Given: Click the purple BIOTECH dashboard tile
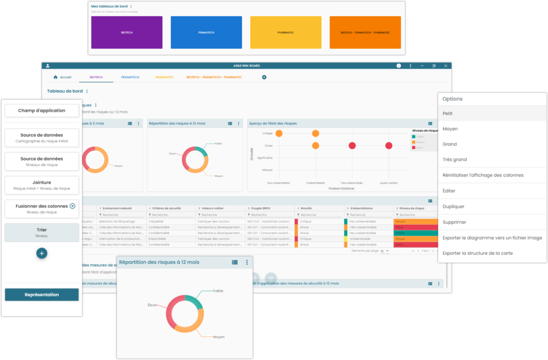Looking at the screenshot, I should pyautogui.click(x=126, y=32).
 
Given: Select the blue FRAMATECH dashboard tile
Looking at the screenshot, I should pyautogui.click(x=206, y=32).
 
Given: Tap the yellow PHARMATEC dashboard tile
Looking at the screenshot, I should pyautogui.click(x=285, y=32).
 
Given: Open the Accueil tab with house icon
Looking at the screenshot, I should pyautogui.click(x=63, y=77).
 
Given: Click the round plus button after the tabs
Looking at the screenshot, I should pyautogui.click(x=264, y=77).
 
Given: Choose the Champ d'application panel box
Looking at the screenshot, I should pyautogui.click(x=42, y=110).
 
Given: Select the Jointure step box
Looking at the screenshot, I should pyautogui.click(x=42, y=185).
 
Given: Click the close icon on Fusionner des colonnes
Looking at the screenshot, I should pyautogui.click(x=73, y=206).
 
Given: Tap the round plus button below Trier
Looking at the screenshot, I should pyautogui.click(x=42, y=253).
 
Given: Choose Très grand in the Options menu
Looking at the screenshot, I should pyautogui.click(x=455, y=159).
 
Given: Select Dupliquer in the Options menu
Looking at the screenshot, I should pyautogui.click(x=453, y=206).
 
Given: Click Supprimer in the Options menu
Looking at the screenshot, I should pyautogui.click(x=454, y=222).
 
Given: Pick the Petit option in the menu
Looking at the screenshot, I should pyautogui.click(x=448, y=113).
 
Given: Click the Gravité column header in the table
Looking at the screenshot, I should pyautogui.click(x=306, y=208).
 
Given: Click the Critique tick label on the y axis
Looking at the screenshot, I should pyautogui.click(x=268, y=133).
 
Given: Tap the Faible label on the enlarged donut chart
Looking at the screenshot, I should pyautogui.click(x=218, y=291).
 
